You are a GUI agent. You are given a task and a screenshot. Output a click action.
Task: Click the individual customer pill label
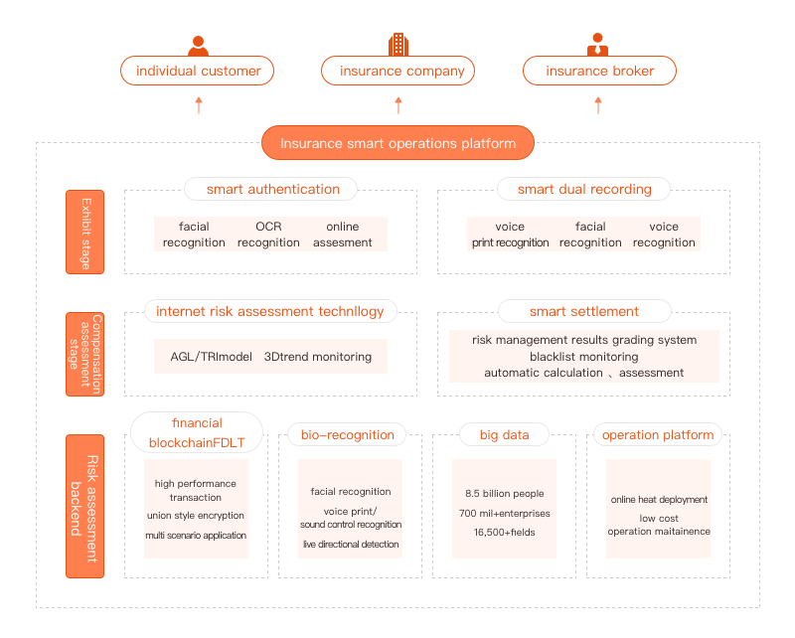(x=197, y=71)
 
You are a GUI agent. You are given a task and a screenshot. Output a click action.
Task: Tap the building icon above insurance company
(x=398, y=44)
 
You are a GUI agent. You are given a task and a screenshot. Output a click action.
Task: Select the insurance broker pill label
(x=599, y=71)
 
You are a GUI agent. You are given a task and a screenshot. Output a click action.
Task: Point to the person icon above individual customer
(x=198, y=46)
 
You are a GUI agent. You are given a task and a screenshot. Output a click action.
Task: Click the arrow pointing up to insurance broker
(x=598, y=105)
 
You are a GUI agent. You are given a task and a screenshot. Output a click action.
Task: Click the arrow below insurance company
(x=398, y=105)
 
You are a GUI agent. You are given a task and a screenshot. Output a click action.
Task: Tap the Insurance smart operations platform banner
(x=398, y=143)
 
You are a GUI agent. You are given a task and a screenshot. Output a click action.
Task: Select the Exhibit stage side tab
(x=85, y=233)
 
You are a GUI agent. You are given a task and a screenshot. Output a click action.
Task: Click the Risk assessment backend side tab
(x=85, y=506)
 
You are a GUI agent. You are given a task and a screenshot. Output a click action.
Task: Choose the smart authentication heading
(x=272, y=189)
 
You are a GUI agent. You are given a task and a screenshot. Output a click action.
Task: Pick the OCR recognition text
(x=268, y=235)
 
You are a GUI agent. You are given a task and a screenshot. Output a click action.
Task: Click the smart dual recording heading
(x=584, y=189)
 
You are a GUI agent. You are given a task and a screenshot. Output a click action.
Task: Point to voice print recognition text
(x=510, y=235)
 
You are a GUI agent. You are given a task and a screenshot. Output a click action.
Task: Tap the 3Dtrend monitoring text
(x=318, y=357)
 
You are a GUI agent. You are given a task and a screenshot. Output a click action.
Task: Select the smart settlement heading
(x=584, y=311)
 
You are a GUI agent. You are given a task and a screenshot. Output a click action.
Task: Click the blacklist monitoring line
(x=584, y=357)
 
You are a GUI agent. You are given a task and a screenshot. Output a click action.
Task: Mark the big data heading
(x=505, y=435)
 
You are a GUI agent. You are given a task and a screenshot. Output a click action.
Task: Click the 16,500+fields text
(x=505, y=532)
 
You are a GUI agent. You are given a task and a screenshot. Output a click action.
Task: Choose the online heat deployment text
(x=659, y=500)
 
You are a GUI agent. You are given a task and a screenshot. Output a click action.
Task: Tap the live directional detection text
(x=351, y=545)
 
